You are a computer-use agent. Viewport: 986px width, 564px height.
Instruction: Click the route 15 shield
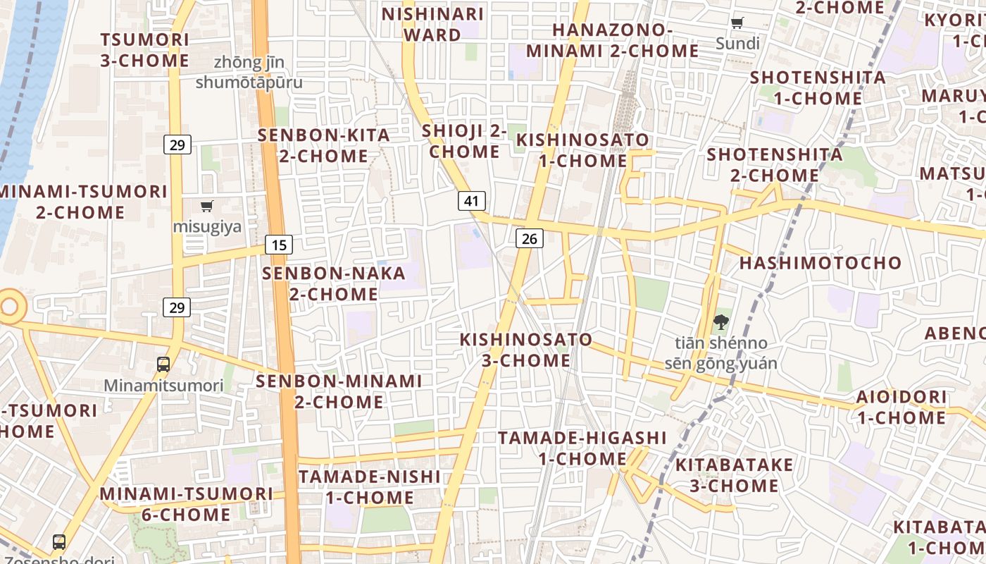tap(279, 245)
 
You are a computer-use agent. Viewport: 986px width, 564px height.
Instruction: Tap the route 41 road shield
tap(471, 201)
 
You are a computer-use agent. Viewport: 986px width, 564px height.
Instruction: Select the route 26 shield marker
tap(529, 238)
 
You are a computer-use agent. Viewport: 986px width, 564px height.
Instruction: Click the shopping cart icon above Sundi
tap(737, 23)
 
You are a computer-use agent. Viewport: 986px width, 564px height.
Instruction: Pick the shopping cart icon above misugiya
tap(206, 207)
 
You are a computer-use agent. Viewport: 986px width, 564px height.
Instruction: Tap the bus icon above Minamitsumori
tap(163, 364)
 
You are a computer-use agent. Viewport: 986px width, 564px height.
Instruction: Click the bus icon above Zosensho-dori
tap(59, 542)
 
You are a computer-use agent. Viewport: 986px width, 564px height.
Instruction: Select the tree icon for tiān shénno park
tap(720, 323)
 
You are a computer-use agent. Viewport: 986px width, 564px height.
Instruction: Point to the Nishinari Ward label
tap(432, 24)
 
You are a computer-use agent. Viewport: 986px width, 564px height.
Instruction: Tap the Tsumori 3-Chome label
tap(144, 50)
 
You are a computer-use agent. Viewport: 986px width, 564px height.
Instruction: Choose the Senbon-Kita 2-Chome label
tap(323, 145)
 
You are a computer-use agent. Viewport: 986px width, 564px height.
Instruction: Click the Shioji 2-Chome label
tap(464, 141)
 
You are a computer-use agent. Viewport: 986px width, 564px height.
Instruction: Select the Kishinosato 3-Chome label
tap(525, 350)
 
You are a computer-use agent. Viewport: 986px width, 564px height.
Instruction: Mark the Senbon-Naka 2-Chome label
tap(334, 283)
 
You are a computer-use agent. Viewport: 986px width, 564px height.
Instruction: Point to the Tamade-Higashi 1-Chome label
tap(582, 448)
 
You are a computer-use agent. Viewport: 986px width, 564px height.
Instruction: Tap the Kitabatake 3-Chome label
tap(734, 475)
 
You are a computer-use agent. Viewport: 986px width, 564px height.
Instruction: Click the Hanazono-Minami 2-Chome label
tap(612, 40)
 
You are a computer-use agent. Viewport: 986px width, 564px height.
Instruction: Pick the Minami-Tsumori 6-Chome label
tap(186, 504)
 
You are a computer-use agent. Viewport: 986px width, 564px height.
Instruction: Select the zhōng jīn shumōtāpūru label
tap(249, 73)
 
